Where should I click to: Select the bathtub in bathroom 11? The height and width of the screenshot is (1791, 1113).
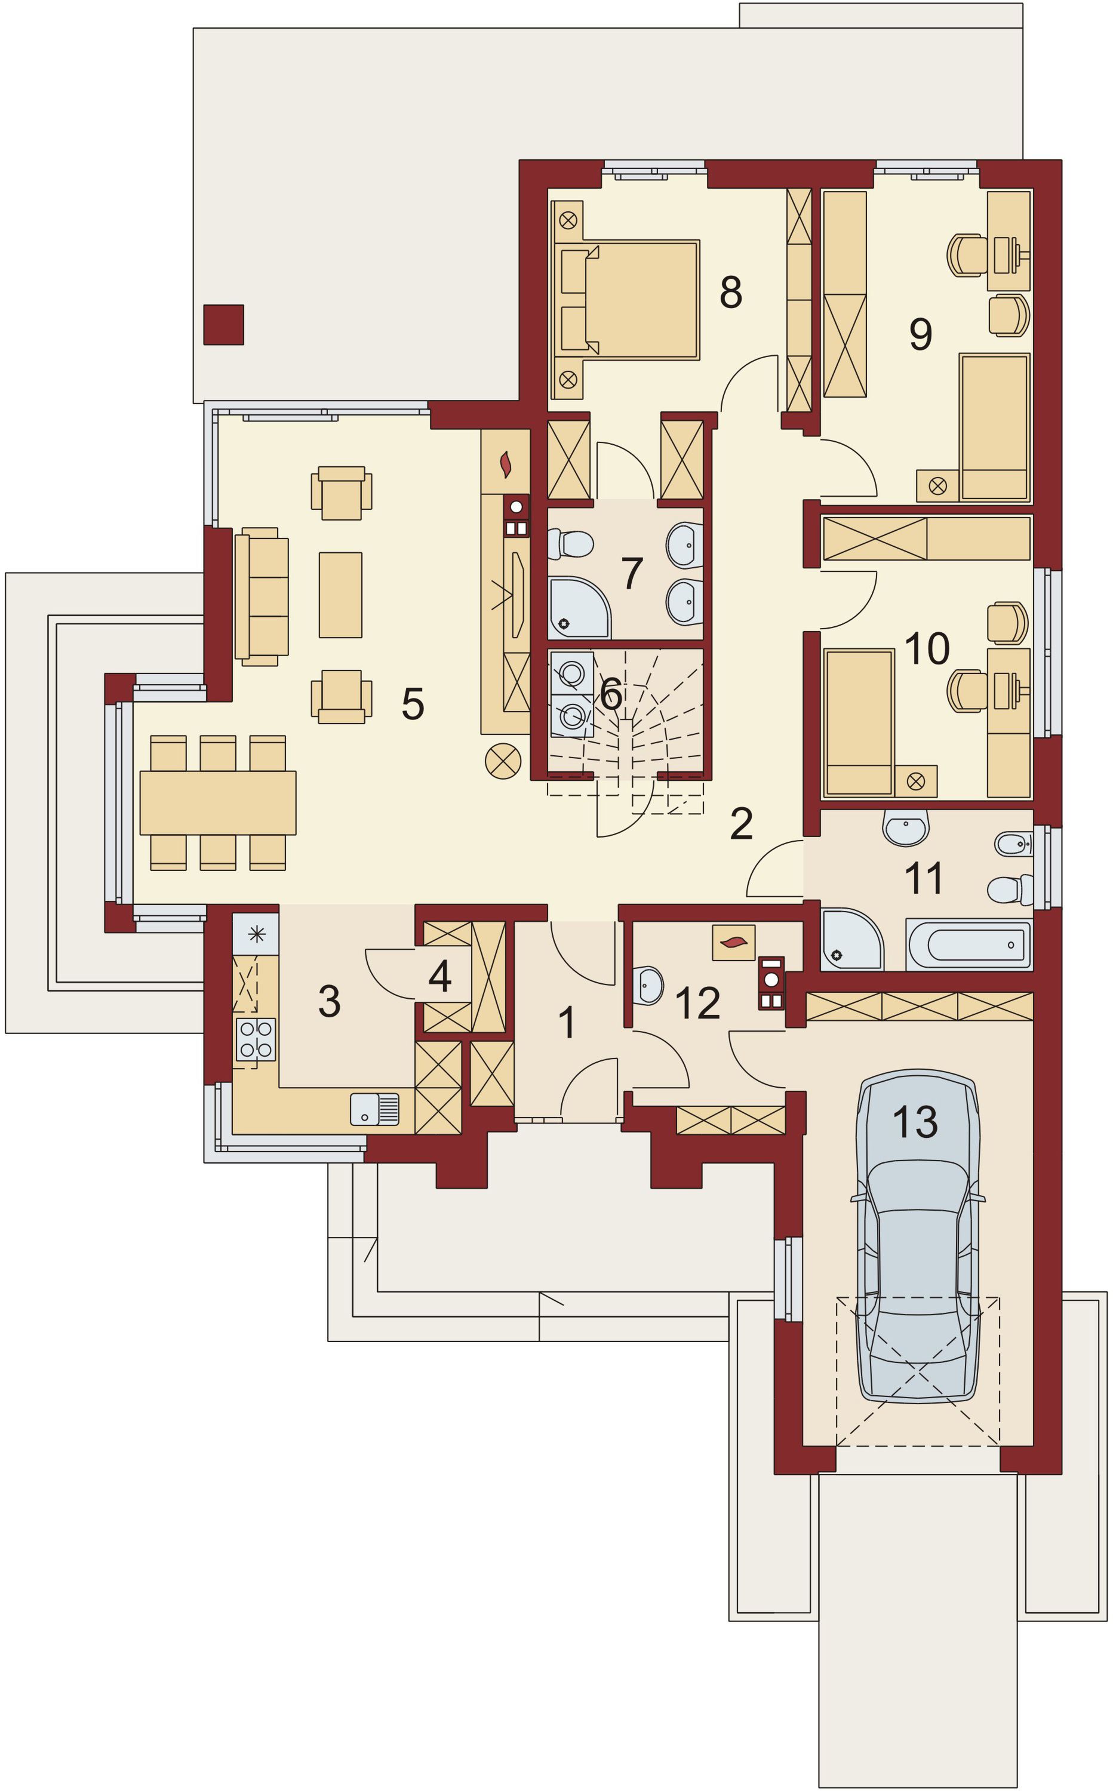969,944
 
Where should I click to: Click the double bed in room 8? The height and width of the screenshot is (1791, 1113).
626,300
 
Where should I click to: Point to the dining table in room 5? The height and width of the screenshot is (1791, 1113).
218,803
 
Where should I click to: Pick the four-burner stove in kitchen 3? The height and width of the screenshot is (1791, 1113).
256,1039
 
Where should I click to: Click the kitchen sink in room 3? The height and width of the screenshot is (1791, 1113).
374,1109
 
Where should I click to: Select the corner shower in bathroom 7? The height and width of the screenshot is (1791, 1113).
579,607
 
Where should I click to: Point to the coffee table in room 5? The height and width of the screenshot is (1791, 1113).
340,595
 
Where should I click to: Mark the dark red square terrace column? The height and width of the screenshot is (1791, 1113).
223,325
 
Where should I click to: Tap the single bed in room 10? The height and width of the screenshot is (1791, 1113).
859,722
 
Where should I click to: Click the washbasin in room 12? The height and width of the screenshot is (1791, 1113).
649,984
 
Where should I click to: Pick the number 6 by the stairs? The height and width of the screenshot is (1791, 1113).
611,694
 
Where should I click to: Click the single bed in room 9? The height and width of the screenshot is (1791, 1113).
995,427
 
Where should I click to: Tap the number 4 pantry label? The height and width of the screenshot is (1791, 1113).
439,977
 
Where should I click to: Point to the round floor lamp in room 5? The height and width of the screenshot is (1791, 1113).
503,762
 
